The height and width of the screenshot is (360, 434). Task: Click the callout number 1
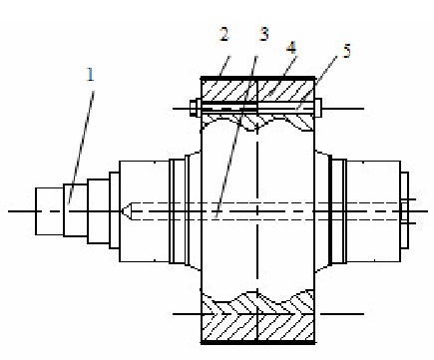point(90,75)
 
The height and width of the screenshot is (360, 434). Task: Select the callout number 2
point(224,34)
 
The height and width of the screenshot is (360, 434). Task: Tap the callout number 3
point(263,34)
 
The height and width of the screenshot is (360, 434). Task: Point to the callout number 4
point(291,48)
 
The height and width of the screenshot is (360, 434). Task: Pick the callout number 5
point(347,51)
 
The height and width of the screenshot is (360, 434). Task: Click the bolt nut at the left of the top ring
point(195,108)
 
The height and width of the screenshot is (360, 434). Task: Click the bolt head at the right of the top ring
point(318,108)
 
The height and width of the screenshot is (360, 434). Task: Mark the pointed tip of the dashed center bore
point(122,211)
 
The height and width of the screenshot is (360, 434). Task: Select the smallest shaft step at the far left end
point(50,211)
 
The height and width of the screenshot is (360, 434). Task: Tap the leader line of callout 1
point(81,148)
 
